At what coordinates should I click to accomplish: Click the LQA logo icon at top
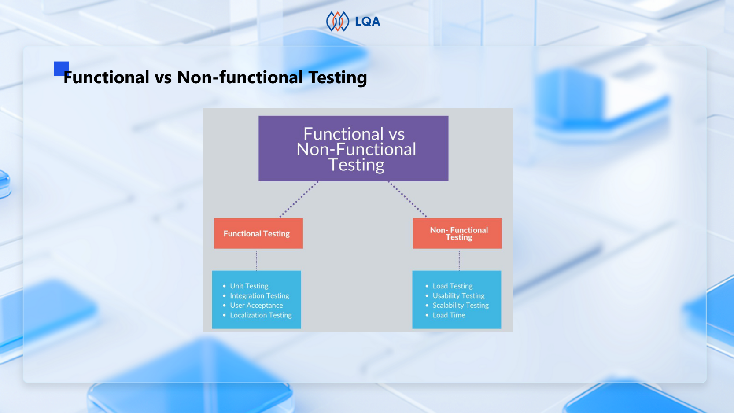click(337, 21)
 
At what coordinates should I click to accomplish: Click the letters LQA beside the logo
click(367, 22)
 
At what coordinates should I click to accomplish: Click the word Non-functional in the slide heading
click(240, 77)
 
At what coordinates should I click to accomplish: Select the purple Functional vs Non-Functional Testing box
click(353, 148)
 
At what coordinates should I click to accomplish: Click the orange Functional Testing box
click(258, 233)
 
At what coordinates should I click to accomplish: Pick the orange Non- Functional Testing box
click(457, 233)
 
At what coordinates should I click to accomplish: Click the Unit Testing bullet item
click(249, 286)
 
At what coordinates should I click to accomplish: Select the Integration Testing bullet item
click(259, 295)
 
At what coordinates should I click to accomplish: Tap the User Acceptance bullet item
click(256, 305)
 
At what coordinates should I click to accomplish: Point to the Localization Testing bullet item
click(261, 315)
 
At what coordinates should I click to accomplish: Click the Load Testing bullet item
click(452, 286)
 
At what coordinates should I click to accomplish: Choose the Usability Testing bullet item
click(458, 295)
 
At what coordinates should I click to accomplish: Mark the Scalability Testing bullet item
click(461, 305)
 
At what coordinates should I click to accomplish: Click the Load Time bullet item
click(449, 315)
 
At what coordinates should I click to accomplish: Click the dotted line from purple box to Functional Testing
click(299, 199)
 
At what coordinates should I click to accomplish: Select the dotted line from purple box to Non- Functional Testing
click(407, 199)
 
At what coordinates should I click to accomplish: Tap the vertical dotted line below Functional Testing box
click(257, 260)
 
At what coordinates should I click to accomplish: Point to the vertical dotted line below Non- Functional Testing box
click(459, 260)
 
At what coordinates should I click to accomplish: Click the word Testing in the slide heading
click(337, 77)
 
